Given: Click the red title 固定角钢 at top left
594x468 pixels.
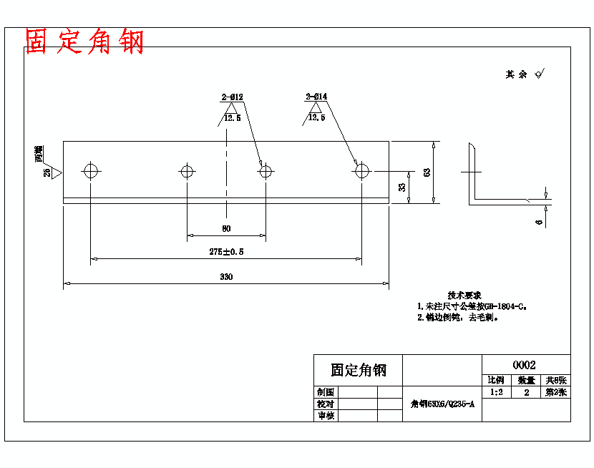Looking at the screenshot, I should tap(84, 42).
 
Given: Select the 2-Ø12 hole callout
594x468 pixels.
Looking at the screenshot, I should tap(232, 97).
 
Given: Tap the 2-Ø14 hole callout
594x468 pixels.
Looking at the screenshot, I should tap(316, 97).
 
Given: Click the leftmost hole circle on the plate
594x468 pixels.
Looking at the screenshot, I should tap(91, 171).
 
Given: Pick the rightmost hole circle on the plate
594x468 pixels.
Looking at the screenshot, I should tap(361, 171).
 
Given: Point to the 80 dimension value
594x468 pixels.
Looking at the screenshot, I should tap(226, 229).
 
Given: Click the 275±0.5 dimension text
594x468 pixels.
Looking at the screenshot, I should tap(226, 252).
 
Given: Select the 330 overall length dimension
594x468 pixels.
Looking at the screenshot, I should tap(226, 276).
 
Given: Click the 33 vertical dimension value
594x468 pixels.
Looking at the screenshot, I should tap(402, 187).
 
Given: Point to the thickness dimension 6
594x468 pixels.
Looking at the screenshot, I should tap(539, 223).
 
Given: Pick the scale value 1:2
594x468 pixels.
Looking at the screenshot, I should tap(495, 392).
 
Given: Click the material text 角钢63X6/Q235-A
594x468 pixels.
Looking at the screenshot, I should tap(442, 404).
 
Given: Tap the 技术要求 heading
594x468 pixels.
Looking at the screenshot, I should tap(464, 295).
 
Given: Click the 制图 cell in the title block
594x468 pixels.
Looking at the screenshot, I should tap(326, 392).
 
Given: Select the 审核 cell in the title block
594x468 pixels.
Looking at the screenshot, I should tap(326, 416).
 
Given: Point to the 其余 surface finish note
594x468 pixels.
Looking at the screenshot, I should tap(517, 74).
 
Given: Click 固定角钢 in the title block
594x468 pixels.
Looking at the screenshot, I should tap(358, 370).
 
